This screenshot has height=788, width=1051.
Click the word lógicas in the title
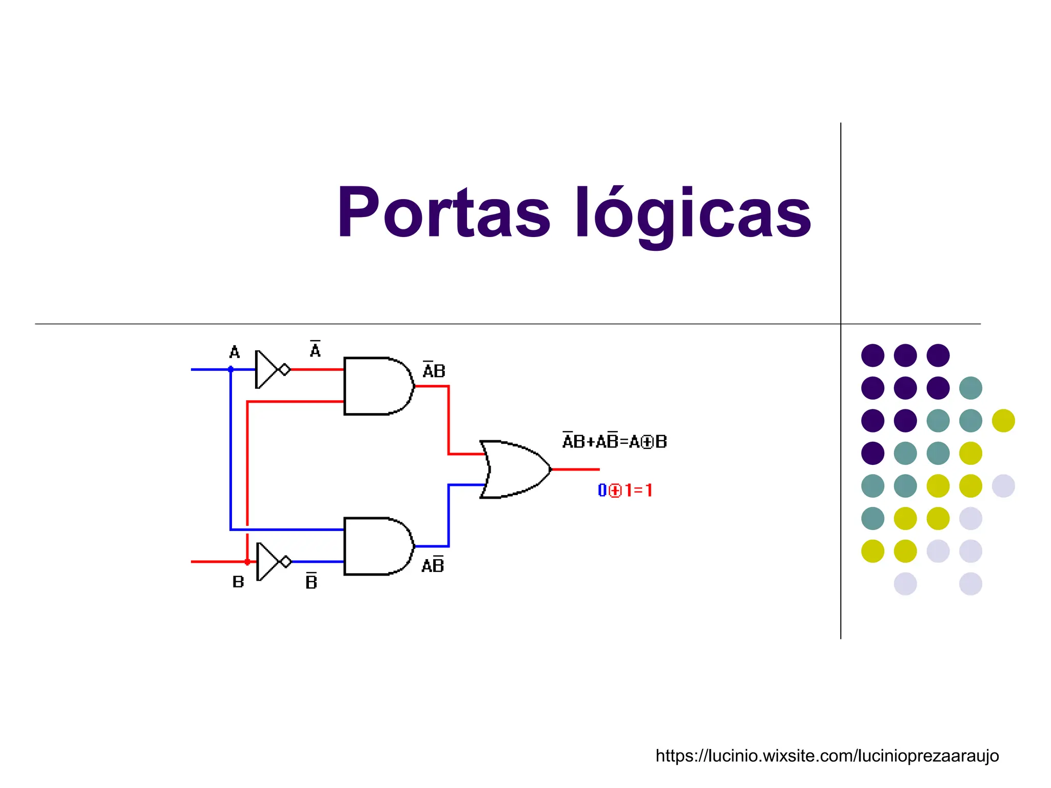click(x=693, y=213)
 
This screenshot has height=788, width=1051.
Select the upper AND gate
click(x=378, y=386)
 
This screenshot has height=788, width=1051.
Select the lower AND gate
click(x=378, y=546)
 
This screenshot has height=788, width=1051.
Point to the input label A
click(x=235, y=352)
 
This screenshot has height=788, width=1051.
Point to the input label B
click(x=238, y=582)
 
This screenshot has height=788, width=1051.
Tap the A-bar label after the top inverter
click(x=315, y=349)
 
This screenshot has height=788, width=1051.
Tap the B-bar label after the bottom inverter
click(x=312, y=581)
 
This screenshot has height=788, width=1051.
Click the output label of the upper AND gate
click(x=434, y=370)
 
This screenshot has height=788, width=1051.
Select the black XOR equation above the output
click(x=614, y=441)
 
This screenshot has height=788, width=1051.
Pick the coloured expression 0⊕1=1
click(x=625, y=490)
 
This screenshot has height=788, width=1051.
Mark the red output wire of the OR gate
click(x=575, y=469)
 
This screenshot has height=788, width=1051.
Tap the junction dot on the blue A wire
click(x=231, y=369)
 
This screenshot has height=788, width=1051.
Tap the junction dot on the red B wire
click(x=247, y=562)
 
